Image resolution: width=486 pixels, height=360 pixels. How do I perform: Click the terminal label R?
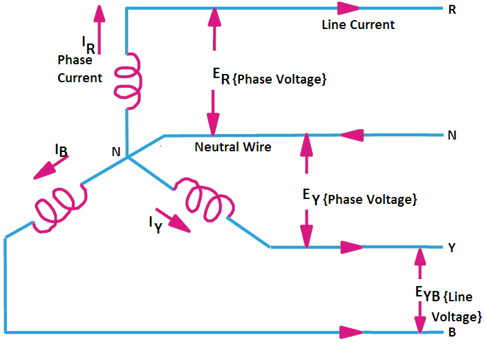tap(452, 10)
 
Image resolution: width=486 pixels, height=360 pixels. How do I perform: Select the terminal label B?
tap(452, 334)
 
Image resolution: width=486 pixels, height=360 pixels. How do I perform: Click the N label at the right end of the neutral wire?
tap(451, 135)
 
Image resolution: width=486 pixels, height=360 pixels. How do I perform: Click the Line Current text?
tap(358, 25)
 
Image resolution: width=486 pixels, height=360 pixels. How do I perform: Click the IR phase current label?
tap(88, 46)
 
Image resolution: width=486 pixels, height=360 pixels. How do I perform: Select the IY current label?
tap(156, 224)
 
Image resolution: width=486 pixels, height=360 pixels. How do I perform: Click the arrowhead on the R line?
tap(349, 9)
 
